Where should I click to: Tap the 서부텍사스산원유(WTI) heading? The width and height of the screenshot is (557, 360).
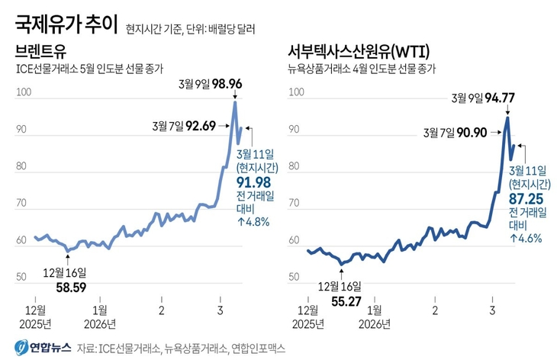coord(358,53)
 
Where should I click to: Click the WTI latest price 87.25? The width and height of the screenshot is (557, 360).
coord(526,197)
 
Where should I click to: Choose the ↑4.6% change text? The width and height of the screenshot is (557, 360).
coord(526,238)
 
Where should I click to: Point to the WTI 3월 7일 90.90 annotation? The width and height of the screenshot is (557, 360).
coord(455,132)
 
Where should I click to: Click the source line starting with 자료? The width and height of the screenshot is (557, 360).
coord(180,348)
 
